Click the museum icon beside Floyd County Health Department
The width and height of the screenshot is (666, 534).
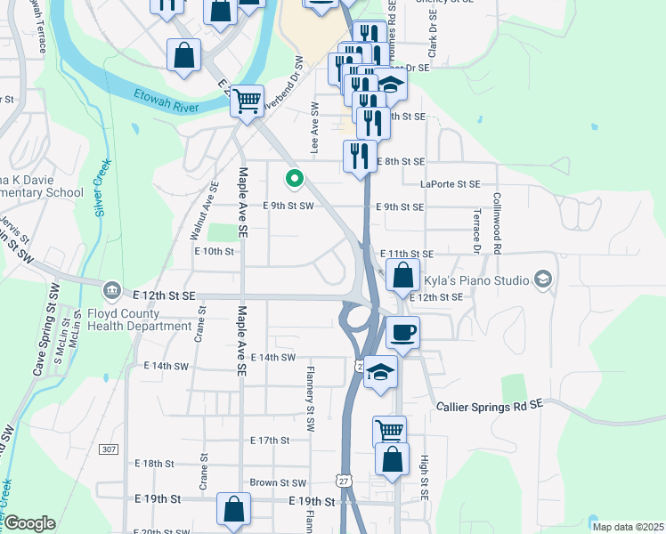pos(112,289)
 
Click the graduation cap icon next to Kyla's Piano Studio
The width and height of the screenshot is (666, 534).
pos(541,280)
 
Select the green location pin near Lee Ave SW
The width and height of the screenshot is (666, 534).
pos(293,179)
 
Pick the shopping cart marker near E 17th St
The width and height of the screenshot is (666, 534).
pos(389,432)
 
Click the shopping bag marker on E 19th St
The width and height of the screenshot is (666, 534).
pos(233,510)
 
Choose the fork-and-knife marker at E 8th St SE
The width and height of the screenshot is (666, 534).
pos(360,156)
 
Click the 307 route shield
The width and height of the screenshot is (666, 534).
pos(109,449)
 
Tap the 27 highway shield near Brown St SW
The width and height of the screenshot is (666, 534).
pos(344,481)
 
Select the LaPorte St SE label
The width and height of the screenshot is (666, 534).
pos(450,184)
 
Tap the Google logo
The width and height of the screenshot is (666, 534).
pos(30,523)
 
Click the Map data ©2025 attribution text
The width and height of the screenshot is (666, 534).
pos(627,527)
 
